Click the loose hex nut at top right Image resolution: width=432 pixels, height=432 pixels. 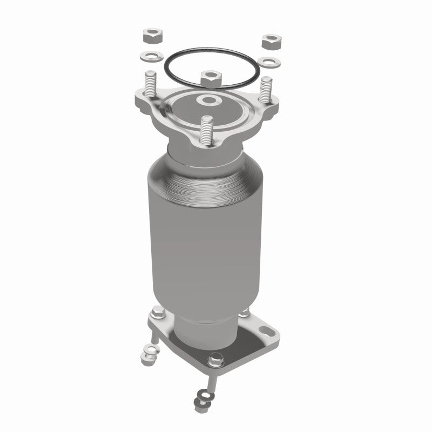click(269, 40)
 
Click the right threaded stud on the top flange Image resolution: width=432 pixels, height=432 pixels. click(266, 89)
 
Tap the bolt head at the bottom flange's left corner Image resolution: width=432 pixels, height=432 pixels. click(157, 312)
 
